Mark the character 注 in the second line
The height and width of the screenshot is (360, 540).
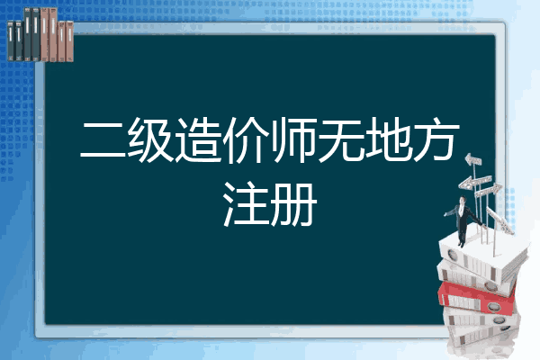tap(247, 206)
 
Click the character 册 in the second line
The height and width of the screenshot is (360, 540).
tap(293, 206)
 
